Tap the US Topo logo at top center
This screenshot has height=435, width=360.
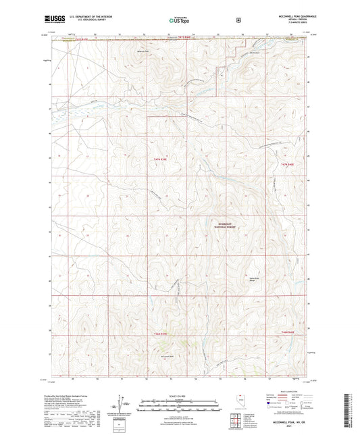pyautogui.click(x=179, y=20)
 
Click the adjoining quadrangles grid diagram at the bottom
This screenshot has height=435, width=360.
pyautogui.click(x=237, y=420)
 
